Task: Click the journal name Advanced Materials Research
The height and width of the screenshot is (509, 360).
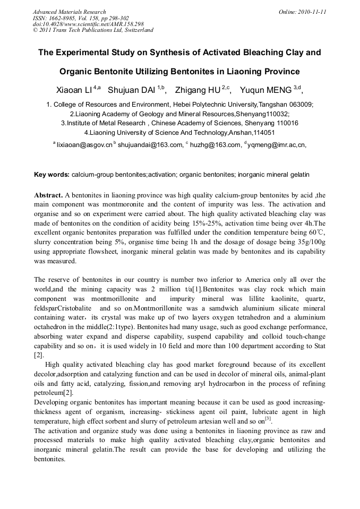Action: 69,12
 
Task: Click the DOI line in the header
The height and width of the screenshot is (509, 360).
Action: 88,24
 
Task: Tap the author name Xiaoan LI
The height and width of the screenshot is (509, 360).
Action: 75,89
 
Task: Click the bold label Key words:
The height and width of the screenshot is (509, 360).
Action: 52,174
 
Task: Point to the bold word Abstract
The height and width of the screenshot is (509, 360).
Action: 48,195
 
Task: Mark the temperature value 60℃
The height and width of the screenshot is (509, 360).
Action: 318,232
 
